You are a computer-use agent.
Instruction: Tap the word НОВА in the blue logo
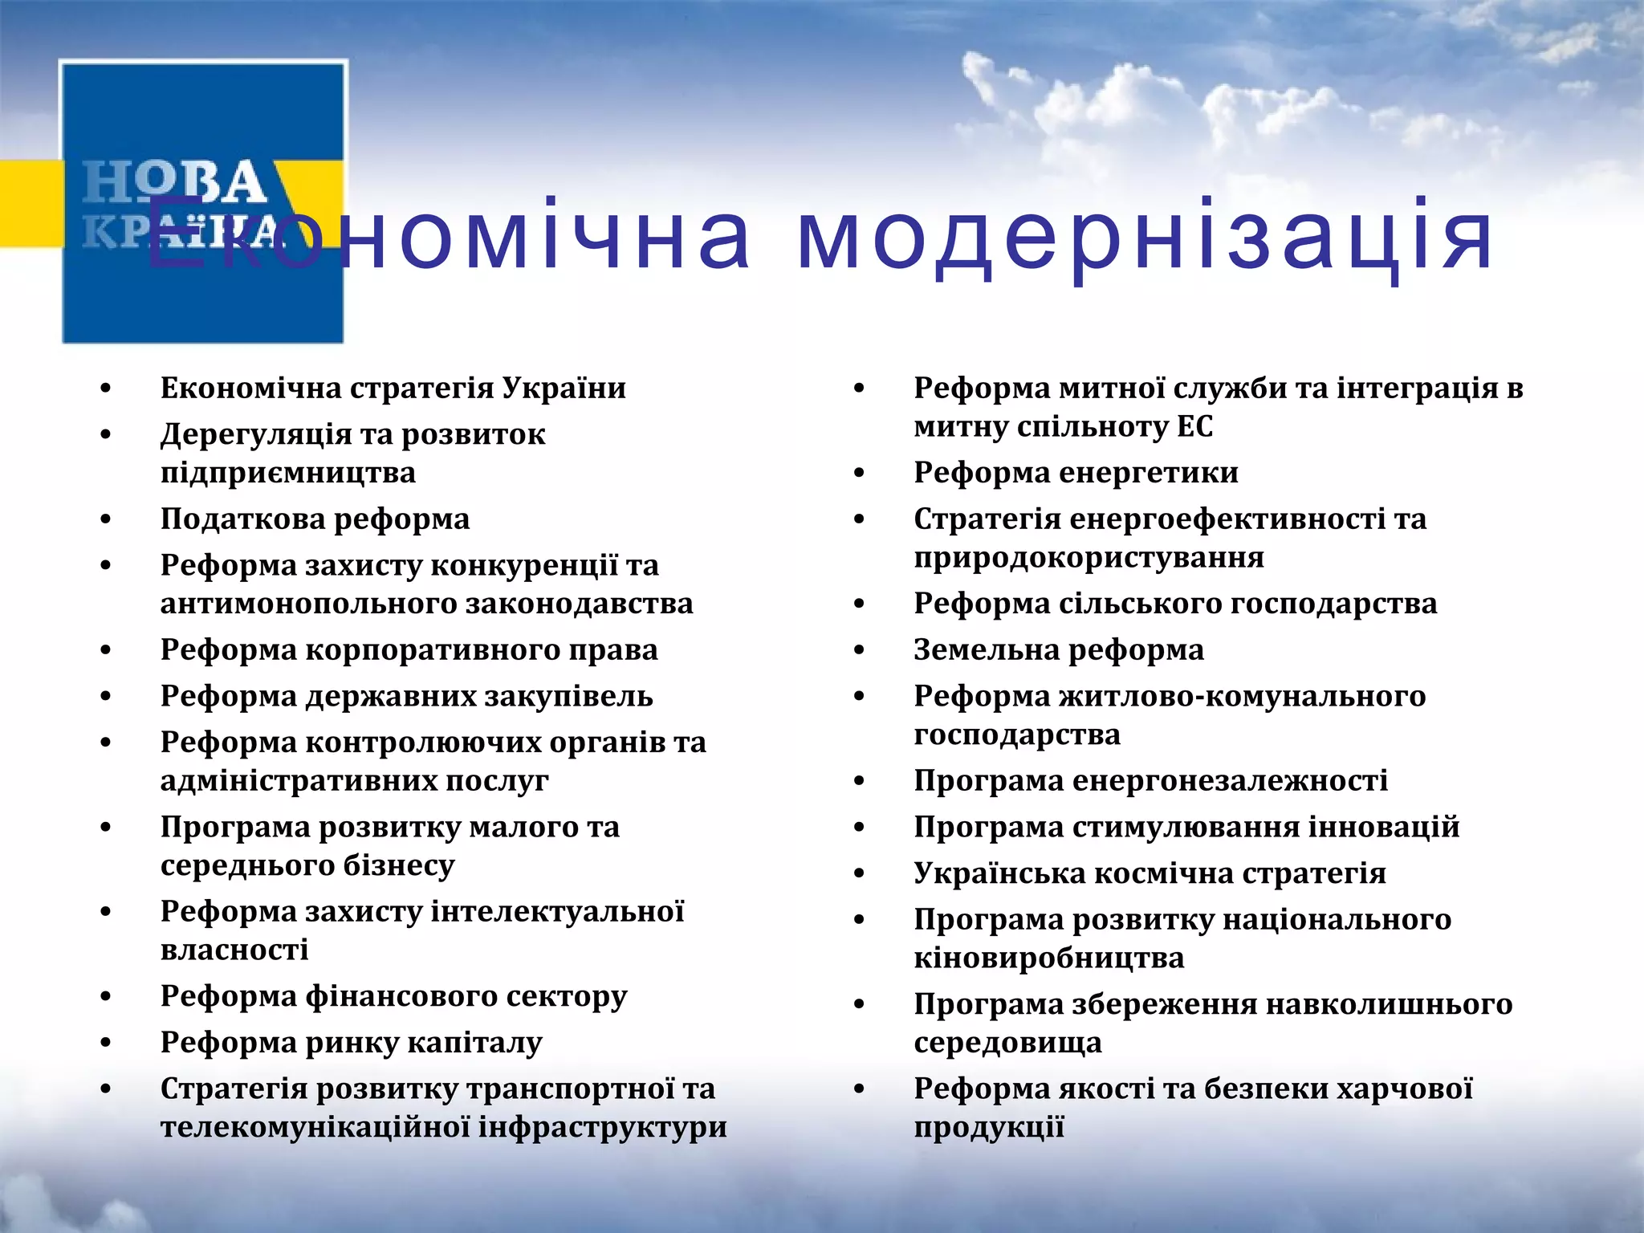[x=174, y=183]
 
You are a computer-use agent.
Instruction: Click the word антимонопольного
[x=307, y=604]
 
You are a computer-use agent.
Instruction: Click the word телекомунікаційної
[x=315, y=1127]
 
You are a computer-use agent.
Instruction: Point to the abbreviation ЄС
[x=1194, y=426]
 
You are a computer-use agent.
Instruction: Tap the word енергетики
[x=1155, y=473]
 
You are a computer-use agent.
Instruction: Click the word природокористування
[x=1089, y=557]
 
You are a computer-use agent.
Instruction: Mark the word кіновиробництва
[x=1048, y=958]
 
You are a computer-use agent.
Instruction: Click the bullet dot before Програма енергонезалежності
[x=859, y=781]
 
